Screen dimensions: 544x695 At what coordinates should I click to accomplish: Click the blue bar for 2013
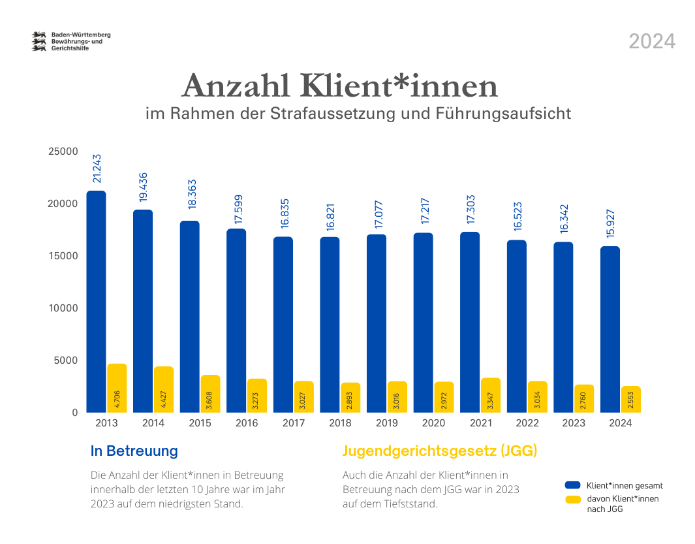[x=97, y=300]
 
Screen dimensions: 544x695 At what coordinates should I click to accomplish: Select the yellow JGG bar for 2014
[x=163, y=389]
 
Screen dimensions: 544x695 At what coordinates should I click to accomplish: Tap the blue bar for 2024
[x=610, y=329]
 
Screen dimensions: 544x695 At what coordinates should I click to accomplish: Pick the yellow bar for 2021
[x=491, y=394]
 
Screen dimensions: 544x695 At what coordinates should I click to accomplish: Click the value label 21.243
[x=97, y=168]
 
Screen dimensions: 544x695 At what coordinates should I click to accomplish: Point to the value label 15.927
[x=610, y=224]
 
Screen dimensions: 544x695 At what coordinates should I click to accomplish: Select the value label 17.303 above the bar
[x=471, y=210]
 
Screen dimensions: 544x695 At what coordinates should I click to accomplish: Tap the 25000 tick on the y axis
[x=63, y=152]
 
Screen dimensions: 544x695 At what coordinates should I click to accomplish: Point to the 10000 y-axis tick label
[x=63, y=308]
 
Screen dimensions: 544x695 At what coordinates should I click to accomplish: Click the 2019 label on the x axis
[x=386, y=423]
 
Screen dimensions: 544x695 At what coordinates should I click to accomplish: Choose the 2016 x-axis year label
[x=247, y=423]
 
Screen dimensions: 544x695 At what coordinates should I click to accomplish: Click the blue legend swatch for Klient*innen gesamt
[x=573, y=485]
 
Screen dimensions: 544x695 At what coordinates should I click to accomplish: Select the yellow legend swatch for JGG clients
[x=573, y=500]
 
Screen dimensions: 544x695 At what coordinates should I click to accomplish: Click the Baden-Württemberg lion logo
[x=40, y=41]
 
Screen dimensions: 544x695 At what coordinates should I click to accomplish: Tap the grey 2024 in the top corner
[x=652, y=42]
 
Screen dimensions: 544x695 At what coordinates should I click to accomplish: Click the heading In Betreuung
[x=134, y=451]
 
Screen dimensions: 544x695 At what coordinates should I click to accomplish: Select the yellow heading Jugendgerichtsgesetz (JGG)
[x=439, y=451]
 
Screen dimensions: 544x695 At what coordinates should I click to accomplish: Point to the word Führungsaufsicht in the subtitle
[x=502, y=114]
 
